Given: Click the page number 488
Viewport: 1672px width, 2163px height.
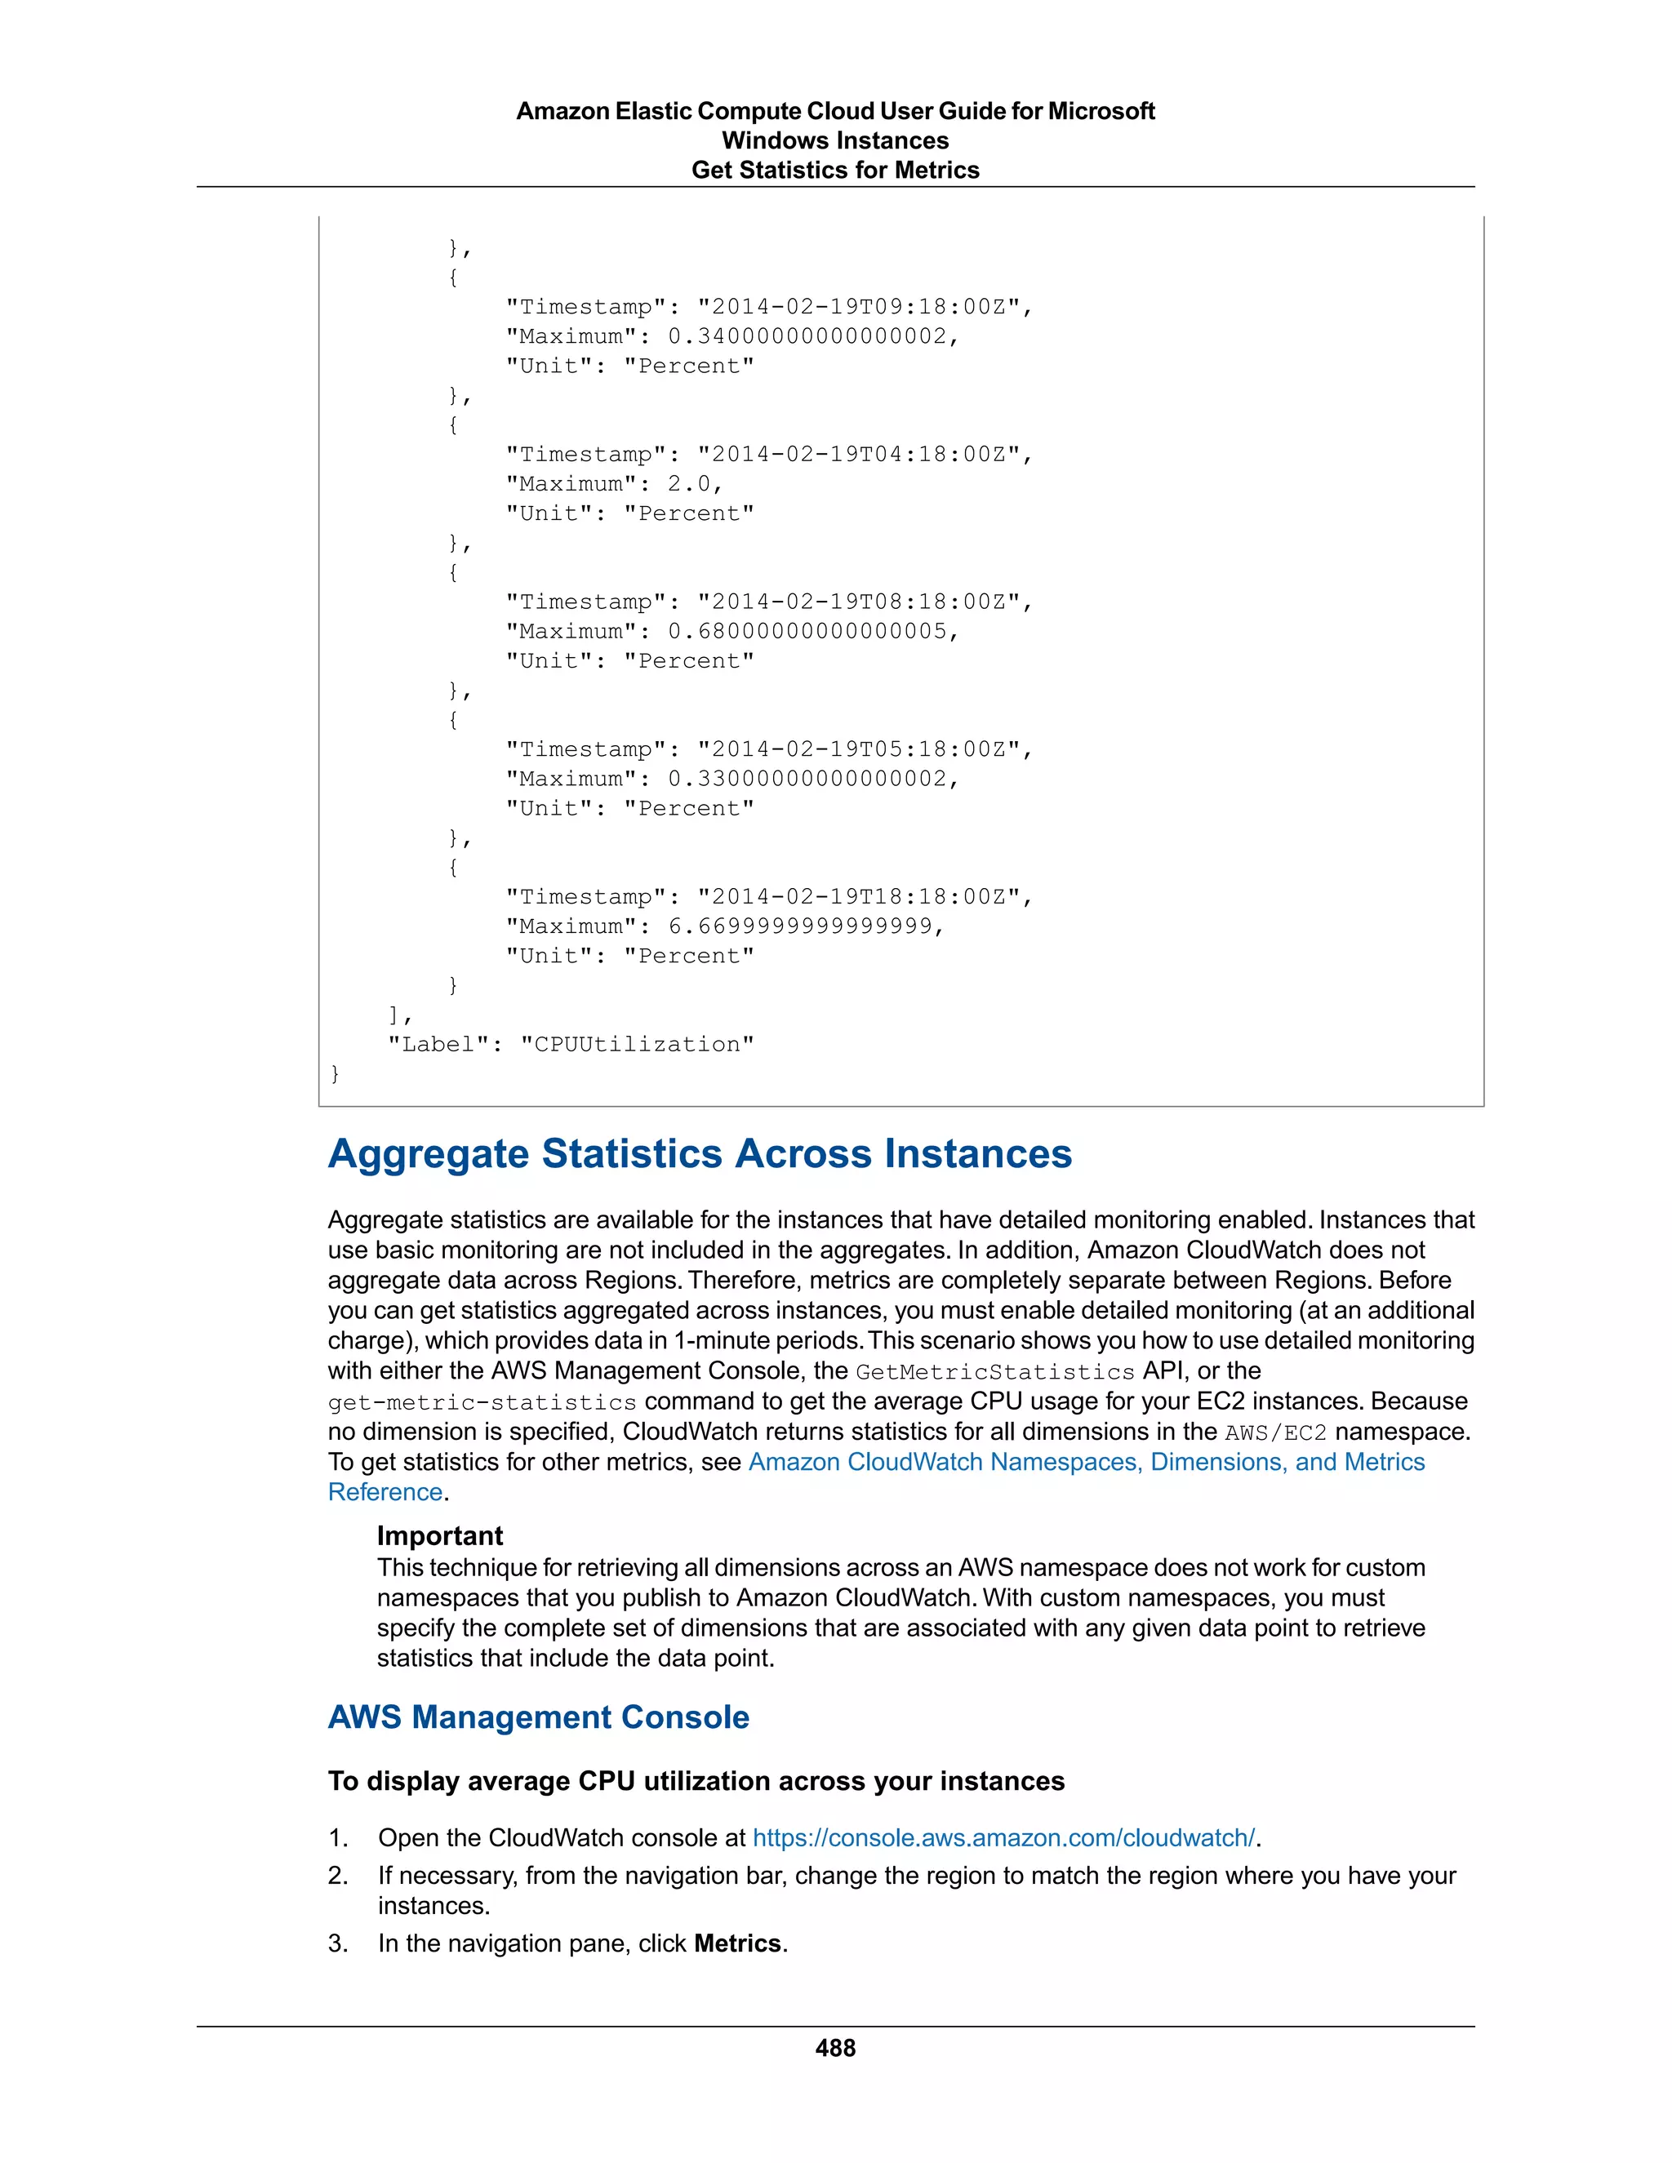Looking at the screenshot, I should pyautogui.click(x=835, y=2047).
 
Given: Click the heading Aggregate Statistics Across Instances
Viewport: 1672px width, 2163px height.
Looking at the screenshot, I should pyautogui.click(x=700, y=1154).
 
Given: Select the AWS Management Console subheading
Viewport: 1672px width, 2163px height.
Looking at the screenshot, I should pyautogui.click(x=538, y=1717).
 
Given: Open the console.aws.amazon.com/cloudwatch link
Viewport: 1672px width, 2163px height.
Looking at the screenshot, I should pyautogui.click(x=1003, y=1837).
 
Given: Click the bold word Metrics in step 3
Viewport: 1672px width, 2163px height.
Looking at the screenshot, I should pyautogui.click(x=737, y=1943).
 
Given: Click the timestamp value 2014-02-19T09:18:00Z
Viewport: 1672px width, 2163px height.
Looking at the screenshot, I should pyautogui.click(x=858, y=307).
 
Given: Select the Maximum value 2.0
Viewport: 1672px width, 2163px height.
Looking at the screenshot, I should pyautogui.click(x=688, y=484).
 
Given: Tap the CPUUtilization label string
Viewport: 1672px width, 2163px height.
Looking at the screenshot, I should pyautogui.click(x=637, y=1044).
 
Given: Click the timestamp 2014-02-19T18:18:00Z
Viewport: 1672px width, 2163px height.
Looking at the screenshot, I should pyautogui.click(x=858, y=897).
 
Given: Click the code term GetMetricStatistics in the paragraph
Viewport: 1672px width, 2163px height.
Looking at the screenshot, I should pyautogui.click(x=994, y=1372).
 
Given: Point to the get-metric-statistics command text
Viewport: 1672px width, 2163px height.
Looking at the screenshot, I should pyautogui.click(x=482, y=1402).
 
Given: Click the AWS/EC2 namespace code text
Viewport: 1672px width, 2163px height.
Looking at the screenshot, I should pyautogui.click(x=1274, y=1432).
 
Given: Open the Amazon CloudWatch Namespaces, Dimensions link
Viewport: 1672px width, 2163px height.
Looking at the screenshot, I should pyautogui.click(x=1086, y=1462).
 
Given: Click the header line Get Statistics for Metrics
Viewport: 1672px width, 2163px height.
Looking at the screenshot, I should pyautogui.click(x=835, y=171).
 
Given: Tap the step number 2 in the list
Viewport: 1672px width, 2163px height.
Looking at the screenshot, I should pyautogui.click(x=338, y=1875).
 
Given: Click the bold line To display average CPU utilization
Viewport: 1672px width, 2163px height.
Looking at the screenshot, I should pyautogui.click(x=696, y=1781).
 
